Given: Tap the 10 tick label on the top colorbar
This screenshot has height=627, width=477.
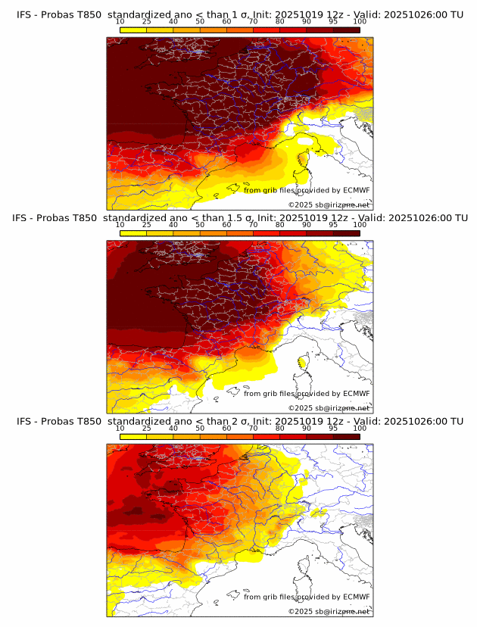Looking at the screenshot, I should pyautogui.click(x=120, y=22).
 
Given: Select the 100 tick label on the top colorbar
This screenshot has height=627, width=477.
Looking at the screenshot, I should pyautogui.click(x=360, y=22).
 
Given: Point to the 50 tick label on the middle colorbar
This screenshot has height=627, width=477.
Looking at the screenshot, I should pyautogui.click(x=200, y=225).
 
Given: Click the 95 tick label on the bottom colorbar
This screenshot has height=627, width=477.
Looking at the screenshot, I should pyautogui.click(x=333, y=428).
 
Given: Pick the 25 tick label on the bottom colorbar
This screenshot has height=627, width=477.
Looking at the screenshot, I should pyautogui.click(x=146, y=428).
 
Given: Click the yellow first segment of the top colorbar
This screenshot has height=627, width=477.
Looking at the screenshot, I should pyautogui.click(x=132, y=29).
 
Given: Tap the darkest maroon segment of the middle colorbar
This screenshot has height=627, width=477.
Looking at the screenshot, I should pyautogui.click(x=346, y=232).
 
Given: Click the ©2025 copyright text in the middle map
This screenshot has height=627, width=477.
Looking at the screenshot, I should pyautogui.click(x=329, y=408).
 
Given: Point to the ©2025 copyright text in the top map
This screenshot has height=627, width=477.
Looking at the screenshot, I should pyautogui.click(x=329, y=205).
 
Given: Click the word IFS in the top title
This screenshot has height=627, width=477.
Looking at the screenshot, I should pyautogui.click(x=24, y=14).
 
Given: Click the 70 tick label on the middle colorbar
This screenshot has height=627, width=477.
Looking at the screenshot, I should pyautogui.click(x=253, y=225).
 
